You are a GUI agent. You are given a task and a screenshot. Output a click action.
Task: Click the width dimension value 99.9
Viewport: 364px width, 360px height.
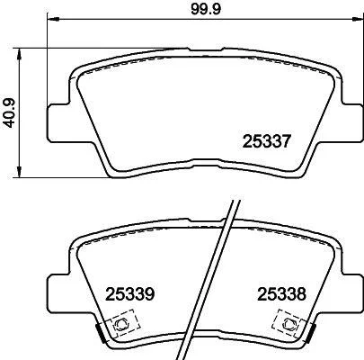click(206, 9)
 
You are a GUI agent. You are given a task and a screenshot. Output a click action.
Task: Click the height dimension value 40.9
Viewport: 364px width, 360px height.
click(10, 113)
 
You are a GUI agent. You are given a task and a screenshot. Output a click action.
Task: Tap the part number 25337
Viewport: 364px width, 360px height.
click(266, 141)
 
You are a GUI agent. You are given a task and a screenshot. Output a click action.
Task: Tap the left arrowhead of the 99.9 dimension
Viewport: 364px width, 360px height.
click(53, 19)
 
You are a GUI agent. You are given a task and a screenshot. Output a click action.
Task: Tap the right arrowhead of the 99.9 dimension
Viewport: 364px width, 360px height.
click(357, 19)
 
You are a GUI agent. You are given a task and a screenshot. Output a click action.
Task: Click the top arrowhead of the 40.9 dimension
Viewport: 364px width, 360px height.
click(19, 54)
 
